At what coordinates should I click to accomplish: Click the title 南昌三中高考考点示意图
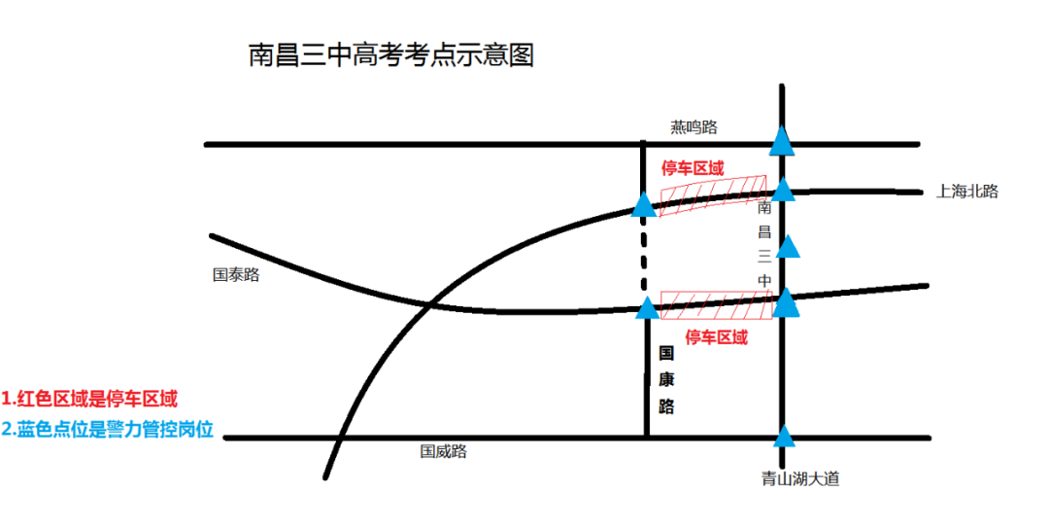pos(390,55)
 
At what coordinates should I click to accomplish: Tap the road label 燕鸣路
pos(694,126)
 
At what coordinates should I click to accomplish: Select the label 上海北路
pos(966,192)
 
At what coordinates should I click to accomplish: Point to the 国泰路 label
pos(236,275)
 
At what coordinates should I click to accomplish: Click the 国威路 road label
pos(443,451)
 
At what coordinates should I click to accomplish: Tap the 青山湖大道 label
pos(799,478)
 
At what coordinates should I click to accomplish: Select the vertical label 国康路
pos(666,379)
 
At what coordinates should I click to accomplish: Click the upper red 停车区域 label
pos(693,168)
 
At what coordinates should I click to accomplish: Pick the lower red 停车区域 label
pos(717,337)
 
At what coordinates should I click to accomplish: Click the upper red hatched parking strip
pos(712,194)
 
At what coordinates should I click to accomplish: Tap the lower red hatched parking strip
pos(716,304)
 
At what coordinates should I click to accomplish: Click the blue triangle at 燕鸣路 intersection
pos(782,144)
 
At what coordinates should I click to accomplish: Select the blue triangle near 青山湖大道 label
pos(783,436)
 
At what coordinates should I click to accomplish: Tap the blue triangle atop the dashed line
pos(643,205)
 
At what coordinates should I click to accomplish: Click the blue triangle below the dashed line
pos(647,308)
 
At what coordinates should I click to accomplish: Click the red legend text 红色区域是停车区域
pos(89,399)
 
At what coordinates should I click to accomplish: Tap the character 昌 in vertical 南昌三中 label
pos(764,231)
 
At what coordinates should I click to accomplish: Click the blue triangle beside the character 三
pos(790,247)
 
